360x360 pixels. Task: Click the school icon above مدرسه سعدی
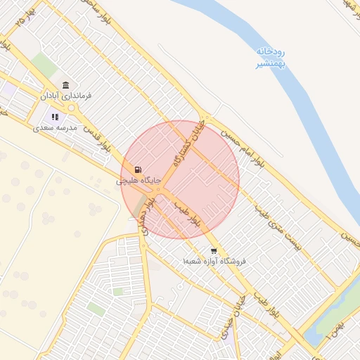coord(55,117)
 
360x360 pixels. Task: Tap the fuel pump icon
coord(138,169)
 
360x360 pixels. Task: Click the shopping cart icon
coord(213,250)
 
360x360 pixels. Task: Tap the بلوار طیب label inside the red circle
coord(190,214)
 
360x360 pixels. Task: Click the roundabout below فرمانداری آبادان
coord(71,108)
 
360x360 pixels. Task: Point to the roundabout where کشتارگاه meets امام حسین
coord(205,118)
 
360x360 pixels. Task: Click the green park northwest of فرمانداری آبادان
coord(44,64)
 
